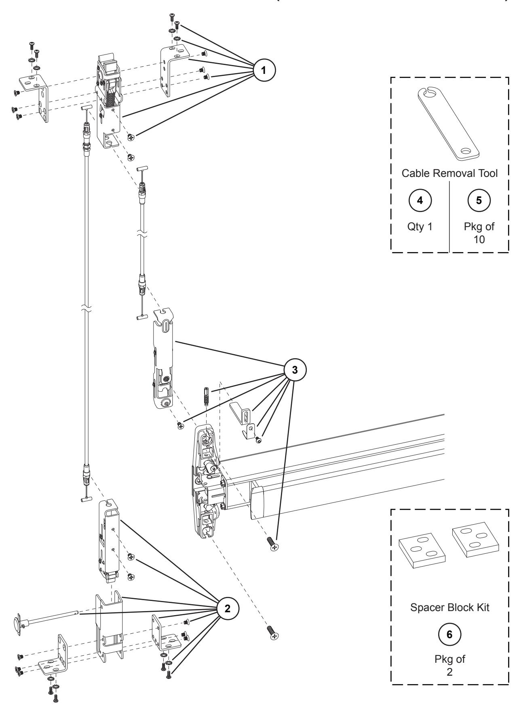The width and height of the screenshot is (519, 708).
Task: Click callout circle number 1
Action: pyautogui.click(x=264, y=69)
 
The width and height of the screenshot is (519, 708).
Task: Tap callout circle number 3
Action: pyautogui.click(x=295, y=371)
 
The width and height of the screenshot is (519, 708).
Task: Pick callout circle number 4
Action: pyautogui.click(x=421, y=202)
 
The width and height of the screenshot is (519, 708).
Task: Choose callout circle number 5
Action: pyautogui.click(x=479, y=202)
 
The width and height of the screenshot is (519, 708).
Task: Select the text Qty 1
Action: pyautogui.click(x=421, y=227)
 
